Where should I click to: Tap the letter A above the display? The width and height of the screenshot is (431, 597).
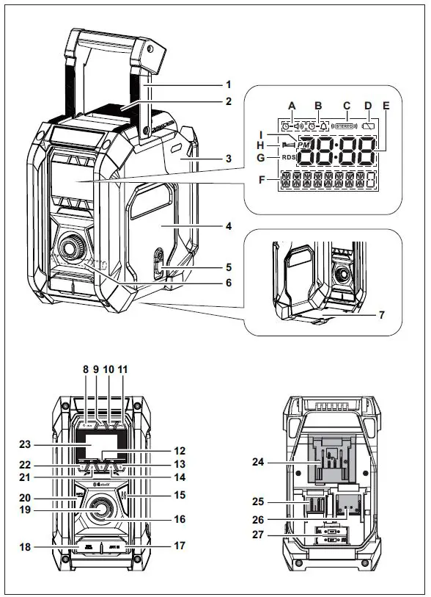point(292,106)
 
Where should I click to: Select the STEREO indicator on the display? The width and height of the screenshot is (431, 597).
point(345,126)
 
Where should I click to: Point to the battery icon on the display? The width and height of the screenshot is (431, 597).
point(370,126)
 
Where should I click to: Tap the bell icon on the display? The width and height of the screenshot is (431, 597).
point(323,126)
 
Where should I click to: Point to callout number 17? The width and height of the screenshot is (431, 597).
point(180,546)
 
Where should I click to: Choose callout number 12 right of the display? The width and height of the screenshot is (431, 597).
point(180,450)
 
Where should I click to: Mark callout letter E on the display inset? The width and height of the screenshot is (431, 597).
point(386,106)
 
